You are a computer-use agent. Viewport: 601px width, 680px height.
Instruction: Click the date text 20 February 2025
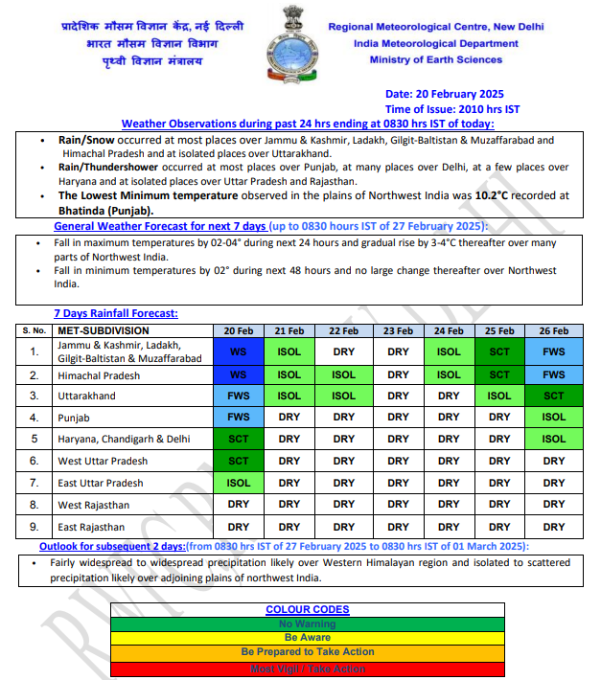[444, 94]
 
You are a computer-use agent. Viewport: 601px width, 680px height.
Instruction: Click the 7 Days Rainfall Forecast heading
[116, 313]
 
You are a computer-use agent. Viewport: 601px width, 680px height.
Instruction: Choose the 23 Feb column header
[398, 330]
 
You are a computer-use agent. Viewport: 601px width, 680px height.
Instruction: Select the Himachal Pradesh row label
[99, 375]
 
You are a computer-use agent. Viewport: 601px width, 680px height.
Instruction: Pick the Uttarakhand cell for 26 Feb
[553, 397]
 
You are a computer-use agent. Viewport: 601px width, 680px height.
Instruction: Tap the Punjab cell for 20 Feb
[238, 418]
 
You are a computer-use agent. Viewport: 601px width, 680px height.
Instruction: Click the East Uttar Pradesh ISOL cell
[238, 483]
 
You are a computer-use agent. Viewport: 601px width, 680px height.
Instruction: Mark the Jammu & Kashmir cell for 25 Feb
[499, 351]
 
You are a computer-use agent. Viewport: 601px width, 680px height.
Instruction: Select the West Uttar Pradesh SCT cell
[238, 461]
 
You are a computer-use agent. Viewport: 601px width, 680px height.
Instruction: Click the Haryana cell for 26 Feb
[553, 440]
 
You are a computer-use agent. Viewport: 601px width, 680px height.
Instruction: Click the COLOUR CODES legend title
[307, 610]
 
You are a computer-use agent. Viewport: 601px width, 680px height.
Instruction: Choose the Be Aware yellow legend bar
[307, 638]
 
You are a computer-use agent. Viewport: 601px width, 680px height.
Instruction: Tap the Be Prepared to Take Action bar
[307, 652]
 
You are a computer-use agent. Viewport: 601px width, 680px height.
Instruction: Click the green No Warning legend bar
[307, 624]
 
